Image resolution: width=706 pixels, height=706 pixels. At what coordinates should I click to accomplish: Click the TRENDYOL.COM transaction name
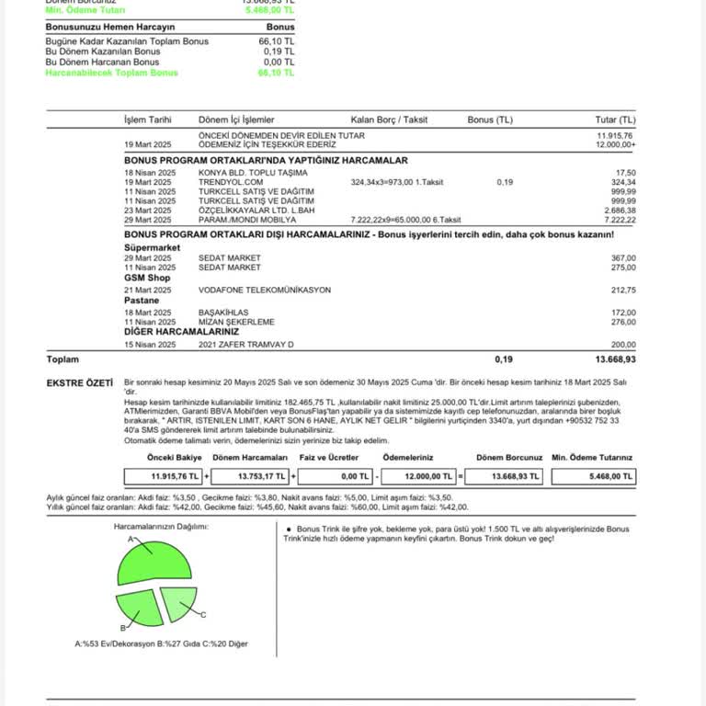[224, 182]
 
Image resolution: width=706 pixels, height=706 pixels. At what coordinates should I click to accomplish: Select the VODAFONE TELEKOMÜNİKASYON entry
[265, 290]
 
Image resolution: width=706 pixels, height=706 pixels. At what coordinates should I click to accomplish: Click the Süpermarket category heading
[152, 247]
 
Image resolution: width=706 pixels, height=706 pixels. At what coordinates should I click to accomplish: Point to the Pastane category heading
[142, 301]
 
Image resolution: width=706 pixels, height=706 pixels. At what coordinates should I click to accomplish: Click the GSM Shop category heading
[147, 278]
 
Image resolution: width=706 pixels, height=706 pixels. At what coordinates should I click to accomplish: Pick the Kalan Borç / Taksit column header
[389, 120]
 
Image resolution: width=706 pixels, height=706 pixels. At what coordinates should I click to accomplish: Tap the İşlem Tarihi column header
[148, 120]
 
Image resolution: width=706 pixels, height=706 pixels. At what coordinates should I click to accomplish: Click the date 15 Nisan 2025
[150, 344]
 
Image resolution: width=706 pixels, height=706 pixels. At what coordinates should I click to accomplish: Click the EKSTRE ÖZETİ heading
[80, 381]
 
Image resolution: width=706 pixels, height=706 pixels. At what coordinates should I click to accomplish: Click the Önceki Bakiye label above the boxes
[175, 457]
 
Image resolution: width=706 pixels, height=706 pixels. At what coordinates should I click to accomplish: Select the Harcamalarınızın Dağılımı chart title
[161, 527]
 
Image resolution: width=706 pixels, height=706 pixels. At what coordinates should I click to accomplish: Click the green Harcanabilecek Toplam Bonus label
[112, 72]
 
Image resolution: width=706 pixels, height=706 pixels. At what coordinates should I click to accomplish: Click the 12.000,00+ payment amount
[615, 144]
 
